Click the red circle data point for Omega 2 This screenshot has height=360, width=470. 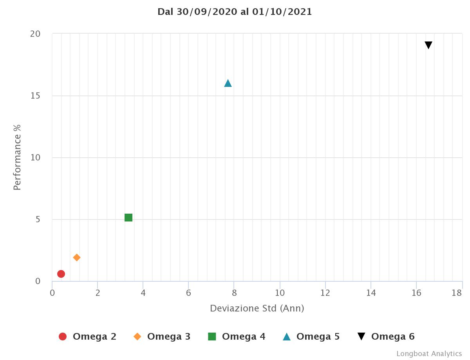click(x=61, y=274)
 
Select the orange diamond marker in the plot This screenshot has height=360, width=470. click(x=77, y=257)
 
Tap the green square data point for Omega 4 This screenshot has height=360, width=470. click(x=128, y=218)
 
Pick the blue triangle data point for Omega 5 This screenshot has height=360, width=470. click(x=228, y=83)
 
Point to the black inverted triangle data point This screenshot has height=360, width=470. click(x=428, y=45)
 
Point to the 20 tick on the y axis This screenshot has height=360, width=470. click(x=35, y=34)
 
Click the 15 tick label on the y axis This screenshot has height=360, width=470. click(x=35, y=96)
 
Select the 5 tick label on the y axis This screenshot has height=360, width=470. click(x=38, y=220)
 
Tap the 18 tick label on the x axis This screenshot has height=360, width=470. click(x=457, y=293)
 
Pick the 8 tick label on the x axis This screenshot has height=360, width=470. click(x=234, y=293)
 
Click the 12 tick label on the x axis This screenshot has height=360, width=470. click(x=325, y=293)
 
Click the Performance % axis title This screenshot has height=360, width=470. click(x=17, y=157)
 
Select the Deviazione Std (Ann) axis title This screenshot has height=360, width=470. click(x=257, y=308)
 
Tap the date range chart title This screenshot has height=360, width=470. click(x=235, y=12)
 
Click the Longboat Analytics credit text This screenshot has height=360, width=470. click(x=429, y=354)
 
